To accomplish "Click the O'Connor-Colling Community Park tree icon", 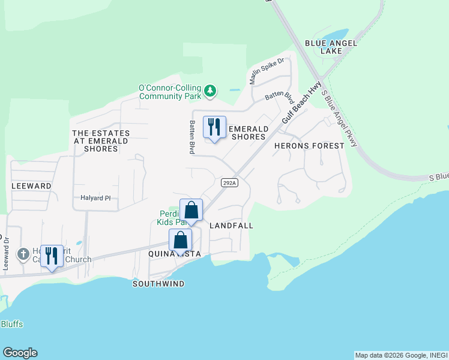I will click(x=209, y=91).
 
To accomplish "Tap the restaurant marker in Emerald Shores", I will click(x=214, y=128).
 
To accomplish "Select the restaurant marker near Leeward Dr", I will click(x=52, y=256).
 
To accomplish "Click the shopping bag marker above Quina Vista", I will click(x=180, y=241).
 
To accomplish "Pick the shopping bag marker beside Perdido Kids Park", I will click(x=191, y=211).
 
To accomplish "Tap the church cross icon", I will click(x=23, y=254).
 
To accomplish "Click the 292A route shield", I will click(x=229, y=182).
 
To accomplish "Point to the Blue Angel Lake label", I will click(x=331, y=47).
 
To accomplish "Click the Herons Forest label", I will click(x=309, y=146).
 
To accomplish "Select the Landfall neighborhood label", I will click(x=231, y=226).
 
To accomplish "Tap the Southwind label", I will click(x=158, y=284).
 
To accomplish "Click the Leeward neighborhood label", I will click(x=31, y=187).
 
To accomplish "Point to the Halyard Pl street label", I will click(x=95, y=197).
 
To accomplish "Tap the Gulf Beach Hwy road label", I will click(x=302, y=103).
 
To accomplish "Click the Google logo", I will click(x=20, y=353).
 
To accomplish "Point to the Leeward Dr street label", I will click(x=5, y=253).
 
